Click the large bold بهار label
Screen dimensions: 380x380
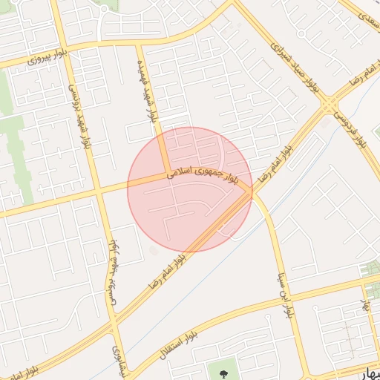[x=369, y=370]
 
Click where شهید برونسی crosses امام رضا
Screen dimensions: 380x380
[x=112, y=321]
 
